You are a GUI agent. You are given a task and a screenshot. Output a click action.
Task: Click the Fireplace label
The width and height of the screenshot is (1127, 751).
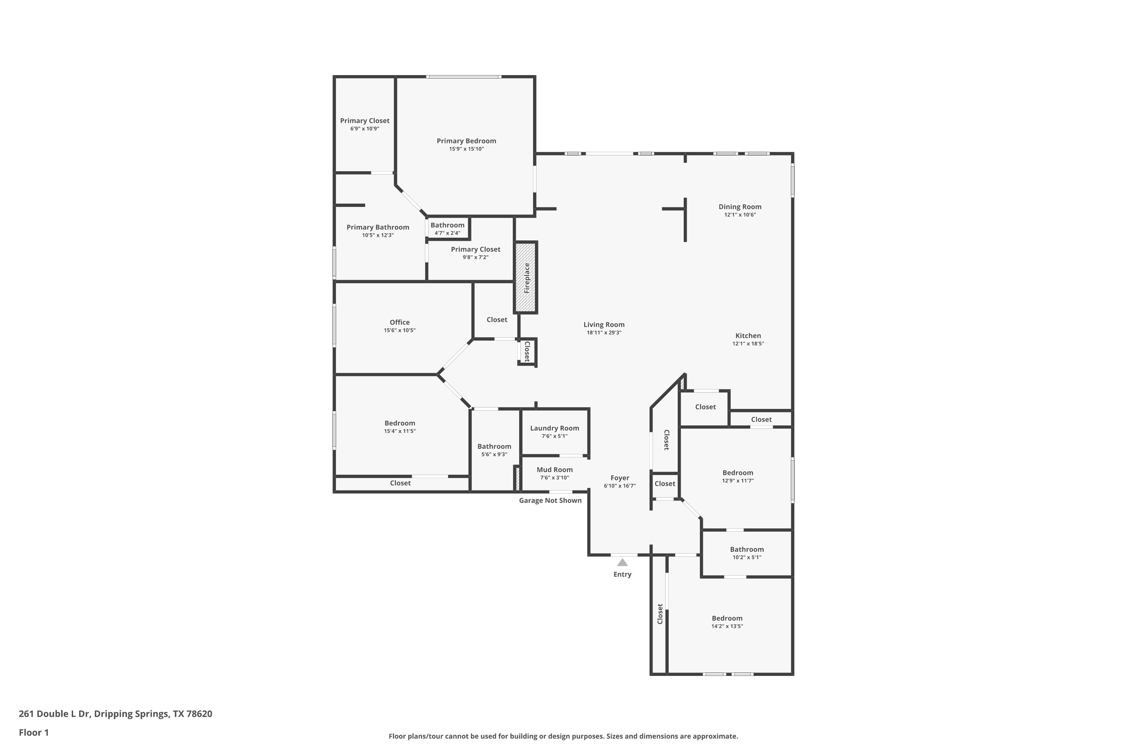coord(527,278)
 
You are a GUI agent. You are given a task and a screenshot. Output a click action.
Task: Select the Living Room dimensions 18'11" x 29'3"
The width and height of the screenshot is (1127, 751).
coord(604,332)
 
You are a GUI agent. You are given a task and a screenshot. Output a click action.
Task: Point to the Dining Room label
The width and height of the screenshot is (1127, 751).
coord(740,207)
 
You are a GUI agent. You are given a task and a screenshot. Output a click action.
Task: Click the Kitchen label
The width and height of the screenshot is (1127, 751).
coord(748,335)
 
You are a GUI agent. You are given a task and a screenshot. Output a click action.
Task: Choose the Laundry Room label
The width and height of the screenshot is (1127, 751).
coord(554,428)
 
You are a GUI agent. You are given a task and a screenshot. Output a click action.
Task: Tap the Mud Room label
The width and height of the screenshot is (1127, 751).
coord(554,469)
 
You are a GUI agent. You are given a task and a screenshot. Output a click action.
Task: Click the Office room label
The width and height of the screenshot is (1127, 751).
coord(400,322)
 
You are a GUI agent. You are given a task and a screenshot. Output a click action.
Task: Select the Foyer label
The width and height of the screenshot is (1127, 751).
coord(619,478)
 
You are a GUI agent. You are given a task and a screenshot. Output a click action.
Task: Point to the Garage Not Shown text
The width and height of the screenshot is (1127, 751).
coord(550,500)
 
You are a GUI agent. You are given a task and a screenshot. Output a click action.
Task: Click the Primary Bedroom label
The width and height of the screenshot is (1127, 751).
coord(466,141)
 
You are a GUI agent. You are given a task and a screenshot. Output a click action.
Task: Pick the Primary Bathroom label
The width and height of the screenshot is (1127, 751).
coord(378,227)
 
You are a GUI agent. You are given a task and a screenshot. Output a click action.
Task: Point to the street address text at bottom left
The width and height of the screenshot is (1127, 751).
coord(115,714)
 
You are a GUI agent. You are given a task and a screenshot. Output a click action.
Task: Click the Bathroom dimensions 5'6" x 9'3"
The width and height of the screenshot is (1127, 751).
coord(494,454)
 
